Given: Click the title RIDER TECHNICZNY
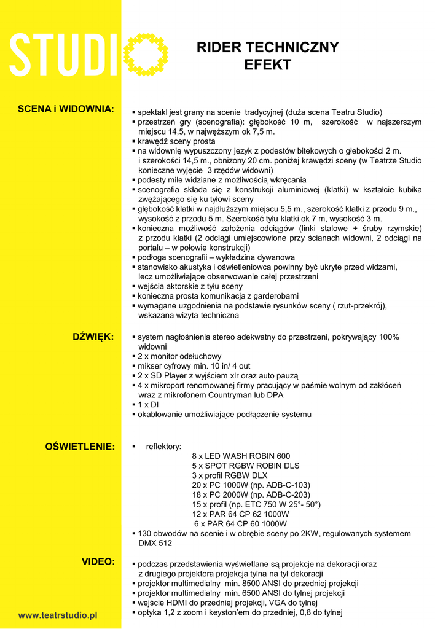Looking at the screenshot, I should [x=267, y=48].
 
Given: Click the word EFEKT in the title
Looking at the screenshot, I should [x=267, y=64].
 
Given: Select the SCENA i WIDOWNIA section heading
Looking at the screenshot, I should [x=66, y=109].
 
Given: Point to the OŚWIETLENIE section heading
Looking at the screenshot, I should [x=80, y=446].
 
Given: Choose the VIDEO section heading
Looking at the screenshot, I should [x=98, y=561].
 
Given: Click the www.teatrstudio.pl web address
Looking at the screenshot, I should [x=58, y=614].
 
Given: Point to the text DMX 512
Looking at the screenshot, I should [x=155, y=543].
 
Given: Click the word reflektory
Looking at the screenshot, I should [x=163, y=447].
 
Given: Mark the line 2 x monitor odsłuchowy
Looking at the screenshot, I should [x=179, y=356].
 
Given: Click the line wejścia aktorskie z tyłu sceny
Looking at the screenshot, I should [x=190, y=286].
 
